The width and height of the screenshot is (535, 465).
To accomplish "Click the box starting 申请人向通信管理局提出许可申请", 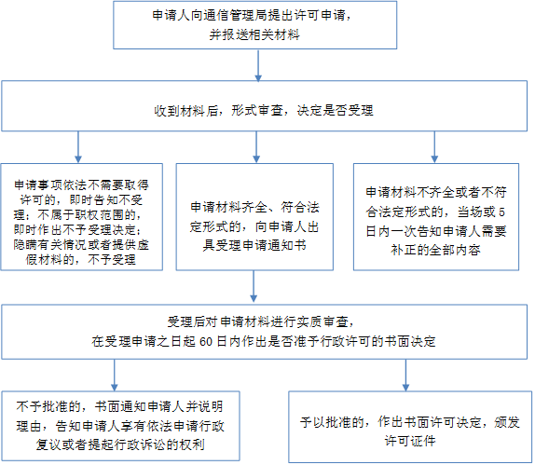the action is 254,25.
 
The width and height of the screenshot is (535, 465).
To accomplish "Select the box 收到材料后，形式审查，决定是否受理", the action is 265,105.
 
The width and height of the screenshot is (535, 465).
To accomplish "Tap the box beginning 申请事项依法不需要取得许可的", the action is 81,217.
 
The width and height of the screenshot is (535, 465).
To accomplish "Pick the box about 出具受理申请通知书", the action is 254,217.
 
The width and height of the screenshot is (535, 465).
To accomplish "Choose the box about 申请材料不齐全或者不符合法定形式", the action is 436,217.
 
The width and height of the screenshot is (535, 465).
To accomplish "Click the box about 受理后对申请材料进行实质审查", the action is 265,332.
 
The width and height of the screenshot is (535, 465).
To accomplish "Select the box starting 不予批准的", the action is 121,426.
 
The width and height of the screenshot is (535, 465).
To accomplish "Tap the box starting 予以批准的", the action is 410,427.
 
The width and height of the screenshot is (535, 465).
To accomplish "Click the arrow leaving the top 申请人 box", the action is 258,66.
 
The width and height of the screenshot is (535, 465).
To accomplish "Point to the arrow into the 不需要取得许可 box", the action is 78,147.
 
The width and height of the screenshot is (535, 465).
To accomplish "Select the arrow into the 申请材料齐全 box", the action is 256,147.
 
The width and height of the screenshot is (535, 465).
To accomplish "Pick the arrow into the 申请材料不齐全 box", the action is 434,147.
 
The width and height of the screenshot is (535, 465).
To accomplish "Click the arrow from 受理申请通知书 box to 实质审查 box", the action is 254,287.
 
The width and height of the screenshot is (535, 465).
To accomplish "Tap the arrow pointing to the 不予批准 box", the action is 115,376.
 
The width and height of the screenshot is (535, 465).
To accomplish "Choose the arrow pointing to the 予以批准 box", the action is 405,376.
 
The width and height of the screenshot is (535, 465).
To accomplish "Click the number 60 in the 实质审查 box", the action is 206,342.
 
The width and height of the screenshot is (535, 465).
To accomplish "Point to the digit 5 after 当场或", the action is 501,212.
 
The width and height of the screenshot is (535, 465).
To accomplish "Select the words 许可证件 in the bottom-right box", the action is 410,441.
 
